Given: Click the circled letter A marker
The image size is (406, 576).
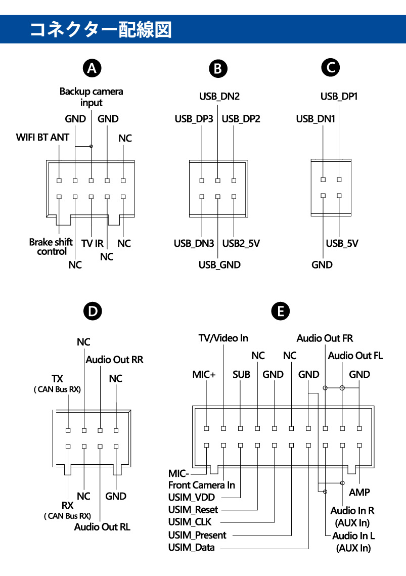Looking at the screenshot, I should pyautogui.click(x=92, y=68).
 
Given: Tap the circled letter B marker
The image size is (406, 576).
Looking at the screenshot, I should pyautogui.click(x=218, y=68).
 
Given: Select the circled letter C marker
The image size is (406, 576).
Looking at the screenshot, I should pyautogui.click(x=331, y=67).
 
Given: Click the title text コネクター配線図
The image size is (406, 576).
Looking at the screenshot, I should pyautogui.click(x=101, y=29).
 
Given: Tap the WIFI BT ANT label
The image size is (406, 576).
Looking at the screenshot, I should pyautogui.click(x=42, y=137).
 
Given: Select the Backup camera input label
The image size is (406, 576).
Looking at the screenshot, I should pyautogui.click(x=91, y=97).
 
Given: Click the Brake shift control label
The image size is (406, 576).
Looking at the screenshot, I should pyautogui.click(x=51, y=247).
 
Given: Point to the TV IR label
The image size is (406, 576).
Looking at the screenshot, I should pyautogui.click(x=92, y=243).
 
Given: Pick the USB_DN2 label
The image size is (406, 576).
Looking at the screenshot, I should pyautogui.click(x=218, y=97).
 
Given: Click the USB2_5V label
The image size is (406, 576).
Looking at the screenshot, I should pyautogui.click(x=241, y=243).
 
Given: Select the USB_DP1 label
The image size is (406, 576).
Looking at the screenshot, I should pyautogui.click(x=339, y=96).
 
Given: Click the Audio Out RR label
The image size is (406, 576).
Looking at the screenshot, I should pyautogui.click(x=114, y=360).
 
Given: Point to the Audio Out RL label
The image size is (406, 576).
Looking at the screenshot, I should pyautogui.click(x=102, y=526).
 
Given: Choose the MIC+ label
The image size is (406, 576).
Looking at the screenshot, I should pyautogui.click(x=204, y=375).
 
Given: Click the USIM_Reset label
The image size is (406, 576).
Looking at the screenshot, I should pyautogui.click(x=193, y=509).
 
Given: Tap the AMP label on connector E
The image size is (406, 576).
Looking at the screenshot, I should pyautogui.click(x=359, y=492).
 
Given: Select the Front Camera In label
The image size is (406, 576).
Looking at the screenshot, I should pyautogui.click(x=201, y=484).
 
